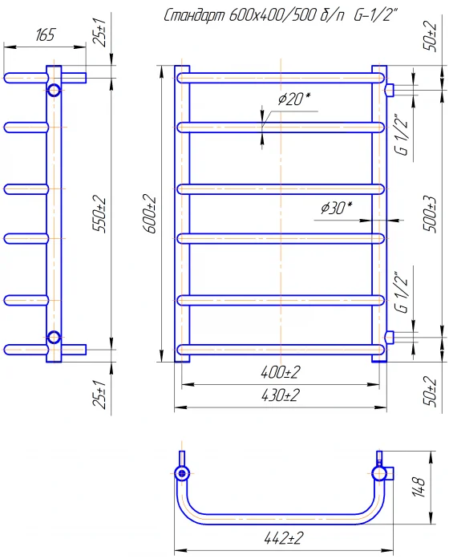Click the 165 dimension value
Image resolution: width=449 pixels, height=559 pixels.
point(46,35)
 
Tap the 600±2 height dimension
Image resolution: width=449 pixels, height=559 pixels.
point(150,214)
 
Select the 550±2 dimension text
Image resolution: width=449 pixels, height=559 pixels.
point(99,214)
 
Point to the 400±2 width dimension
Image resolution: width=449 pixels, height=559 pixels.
point(281,373)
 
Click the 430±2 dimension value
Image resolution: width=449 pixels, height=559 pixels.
point(281,395)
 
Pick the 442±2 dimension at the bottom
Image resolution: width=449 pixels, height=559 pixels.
point(284,538)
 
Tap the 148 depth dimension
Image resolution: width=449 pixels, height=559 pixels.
point(419,488)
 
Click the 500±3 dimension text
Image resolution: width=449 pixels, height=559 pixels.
point(430,214)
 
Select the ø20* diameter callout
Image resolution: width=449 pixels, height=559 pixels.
point(294,99)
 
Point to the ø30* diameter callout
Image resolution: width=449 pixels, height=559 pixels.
point(337,208)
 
